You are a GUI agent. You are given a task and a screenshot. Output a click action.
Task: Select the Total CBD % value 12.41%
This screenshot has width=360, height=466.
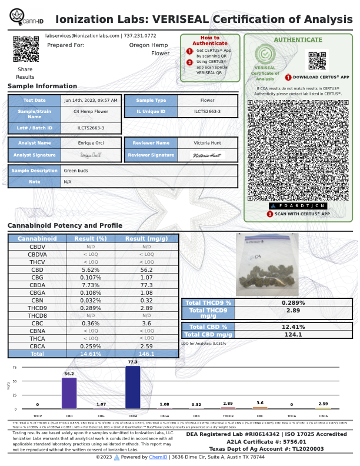tap(293, 327)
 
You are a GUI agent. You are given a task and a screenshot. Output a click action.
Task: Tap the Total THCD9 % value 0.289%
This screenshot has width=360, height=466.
tap(293, 302)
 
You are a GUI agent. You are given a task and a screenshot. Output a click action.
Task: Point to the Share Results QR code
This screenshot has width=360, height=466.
tap(25, 49)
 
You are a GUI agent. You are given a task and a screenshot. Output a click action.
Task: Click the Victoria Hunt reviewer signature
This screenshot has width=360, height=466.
tap(208, 155)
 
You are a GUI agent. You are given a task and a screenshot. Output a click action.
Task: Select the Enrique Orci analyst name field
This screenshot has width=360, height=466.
tap(91, 143)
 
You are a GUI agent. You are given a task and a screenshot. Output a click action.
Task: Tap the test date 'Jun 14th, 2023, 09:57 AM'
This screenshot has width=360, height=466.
tap(91, 100)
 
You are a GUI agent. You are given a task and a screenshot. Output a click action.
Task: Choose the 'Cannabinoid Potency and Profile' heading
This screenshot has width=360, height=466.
tap(65, 226)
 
